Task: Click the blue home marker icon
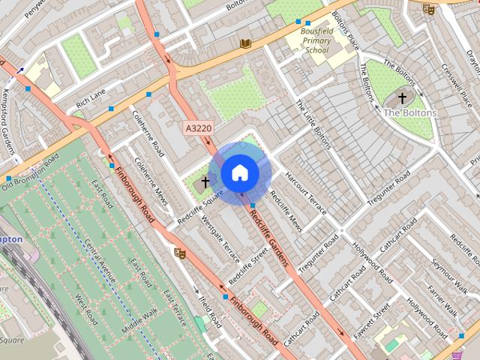click(x=239, y=172)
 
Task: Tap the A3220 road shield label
click(x=197, y=129)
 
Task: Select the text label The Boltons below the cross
click(x=409, y=113)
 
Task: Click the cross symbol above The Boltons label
click(x=402, y=98)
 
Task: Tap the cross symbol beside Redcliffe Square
click(x=205, y=182)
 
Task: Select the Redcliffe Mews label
click(x=286, y=214)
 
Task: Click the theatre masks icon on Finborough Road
click(x=180, y=253)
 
